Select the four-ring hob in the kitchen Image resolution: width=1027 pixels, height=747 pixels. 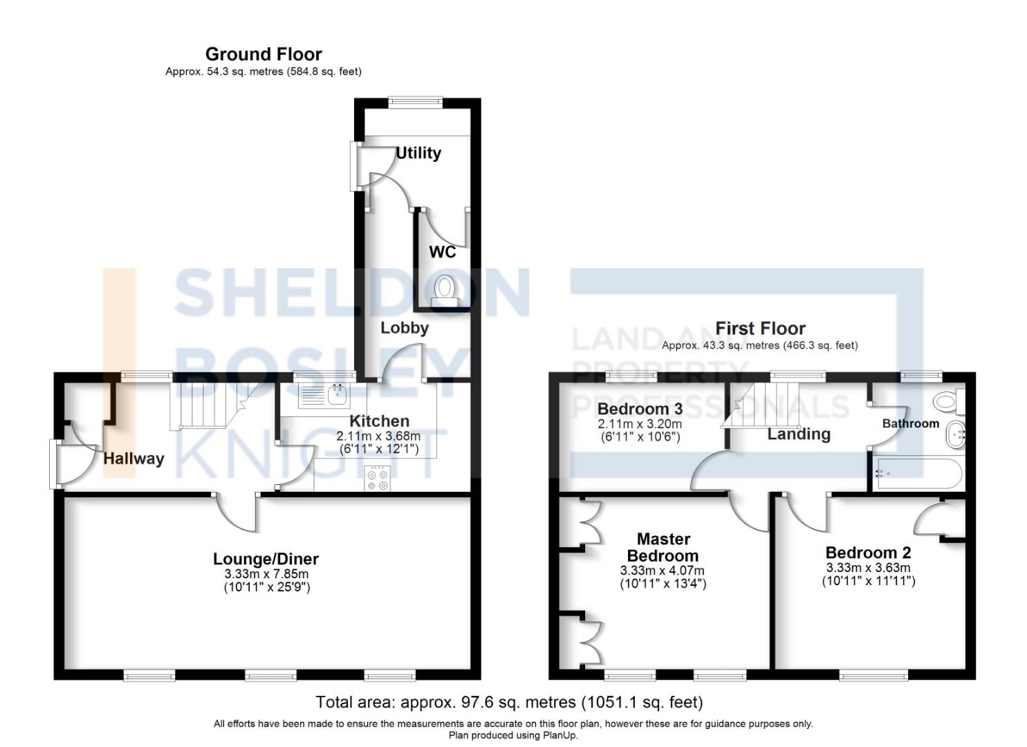(x=377, y=479)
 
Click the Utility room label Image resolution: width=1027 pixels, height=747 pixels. (x=418, y=153)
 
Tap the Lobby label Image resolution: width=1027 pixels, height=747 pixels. (x=405, y=328)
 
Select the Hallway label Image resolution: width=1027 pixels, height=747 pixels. (x=133, y=459)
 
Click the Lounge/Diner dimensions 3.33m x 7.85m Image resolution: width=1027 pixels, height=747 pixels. (x=266, y=574)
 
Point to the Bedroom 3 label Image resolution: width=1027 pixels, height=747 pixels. (x=640, y=408)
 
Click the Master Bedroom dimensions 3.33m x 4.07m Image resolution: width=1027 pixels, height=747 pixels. (x=663, y=571)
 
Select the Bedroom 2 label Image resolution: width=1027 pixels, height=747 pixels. (x=868, y=553)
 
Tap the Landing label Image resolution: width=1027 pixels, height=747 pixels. (x=799, y=434)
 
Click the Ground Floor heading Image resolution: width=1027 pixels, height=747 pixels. (x=263, y=54)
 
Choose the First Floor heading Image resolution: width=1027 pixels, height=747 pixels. (x=760, y=328)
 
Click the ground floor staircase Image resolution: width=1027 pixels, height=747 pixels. (x=204, y=405)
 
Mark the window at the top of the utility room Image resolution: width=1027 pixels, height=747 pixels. (x=415, y=102)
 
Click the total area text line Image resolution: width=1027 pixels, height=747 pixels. (x=509, y=703)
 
